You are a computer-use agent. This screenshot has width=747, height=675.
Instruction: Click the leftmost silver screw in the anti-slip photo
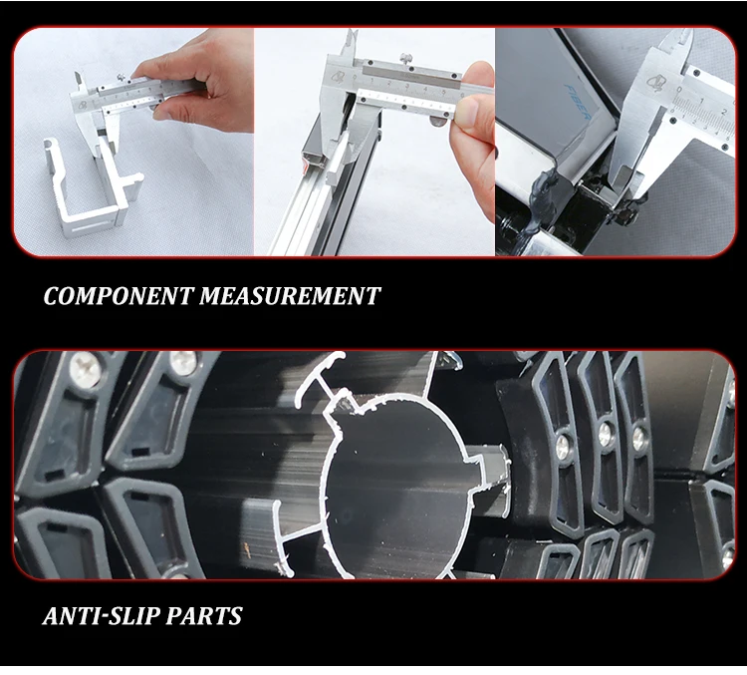pos(88,373)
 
